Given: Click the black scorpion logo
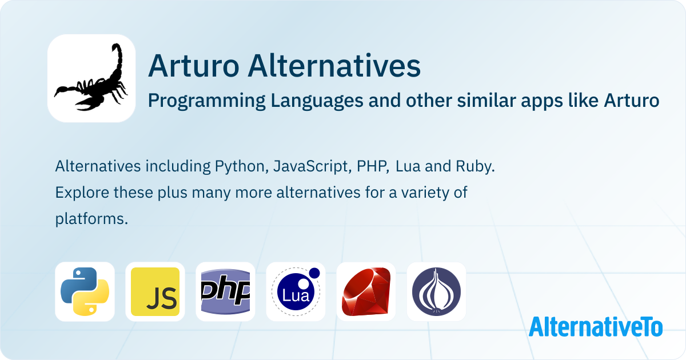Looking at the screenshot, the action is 91,78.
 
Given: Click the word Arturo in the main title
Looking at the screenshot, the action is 194,66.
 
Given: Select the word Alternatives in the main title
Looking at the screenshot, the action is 334,66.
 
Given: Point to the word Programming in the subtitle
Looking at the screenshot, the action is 207,101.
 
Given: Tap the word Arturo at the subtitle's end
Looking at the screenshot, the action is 632,100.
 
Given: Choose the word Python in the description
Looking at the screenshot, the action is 241,167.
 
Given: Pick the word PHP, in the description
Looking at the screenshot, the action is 373,166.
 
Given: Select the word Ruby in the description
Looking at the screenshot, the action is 474,166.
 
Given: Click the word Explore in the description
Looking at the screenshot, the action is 82,193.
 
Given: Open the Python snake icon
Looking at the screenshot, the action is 85,291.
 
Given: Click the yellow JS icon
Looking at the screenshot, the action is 155,291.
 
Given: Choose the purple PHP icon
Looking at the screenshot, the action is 225,291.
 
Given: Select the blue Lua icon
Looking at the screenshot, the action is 296,291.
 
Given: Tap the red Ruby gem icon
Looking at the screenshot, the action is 366,291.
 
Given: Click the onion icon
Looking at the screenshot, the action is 436,291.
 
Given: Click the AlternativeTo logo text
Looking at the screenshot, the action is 596,327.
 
